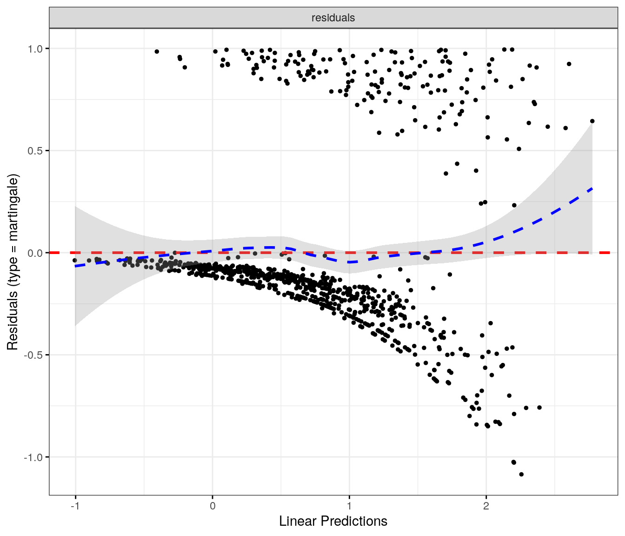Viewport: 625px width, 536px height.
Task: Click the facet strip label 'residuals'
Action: (x=333, y=18)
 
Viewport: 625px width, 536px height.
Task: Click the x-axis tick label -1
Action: (x=74, y=506)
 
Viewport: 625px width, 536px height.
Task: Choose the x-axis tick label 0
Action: (x=213, y=506)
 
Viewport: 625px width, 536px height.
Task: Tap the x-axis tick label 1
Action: (x=349, y=506)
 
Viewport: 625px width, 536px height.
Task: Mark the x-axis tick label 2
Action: (x=486, y=506)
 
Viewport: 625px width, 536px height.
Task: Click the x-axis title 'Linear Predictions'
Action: (x=333, y=521)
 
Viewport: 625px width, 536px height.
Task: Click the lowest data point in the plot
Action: (x=521, y=474)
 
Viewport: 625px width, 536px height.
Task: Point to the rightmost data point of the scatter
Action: (x=592, y=121)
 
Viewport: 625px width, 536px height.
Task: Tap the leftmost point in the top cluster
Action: (x=157, y=52)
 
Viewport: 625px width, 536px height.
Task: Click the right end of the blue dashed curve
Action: (x=592, y=188)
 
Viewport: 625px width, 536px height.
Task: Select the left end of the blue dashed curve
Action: (x=75, y=266)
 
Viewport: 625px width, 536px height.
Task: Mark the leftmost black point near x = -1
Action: (x=74, y=261)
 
